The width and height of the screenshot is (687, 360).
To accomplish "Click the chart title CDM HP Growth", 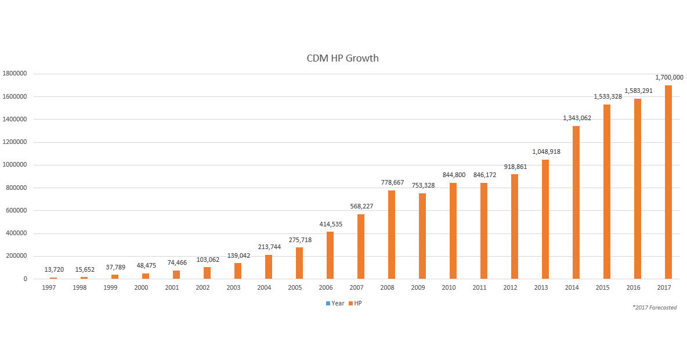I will pos(342,58).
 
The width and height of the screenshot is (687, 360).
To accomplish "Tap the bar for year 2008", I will pos(392,235).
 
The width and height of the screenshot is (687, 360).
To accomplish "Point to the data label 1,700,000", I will pos(668,77).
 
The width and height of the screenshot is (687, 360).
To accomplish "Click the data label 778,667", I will pos(392,182).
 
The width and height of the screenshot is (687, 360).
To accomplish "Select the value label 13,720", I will pos(53,269).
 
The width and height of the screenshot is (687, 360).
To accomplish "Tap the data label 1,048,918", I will pos(545,152).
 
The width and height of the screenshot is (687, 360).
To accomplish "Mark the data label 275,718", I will pos(299,240).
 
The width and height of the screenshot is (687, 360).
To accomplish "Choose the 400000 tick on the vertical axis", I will pos(16,233).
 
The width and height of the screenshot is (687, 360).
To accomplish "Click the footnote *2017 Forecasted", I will pos(655,308).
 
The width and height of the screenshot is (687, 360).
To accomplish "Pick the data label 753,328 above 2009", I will pos(422,185).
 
